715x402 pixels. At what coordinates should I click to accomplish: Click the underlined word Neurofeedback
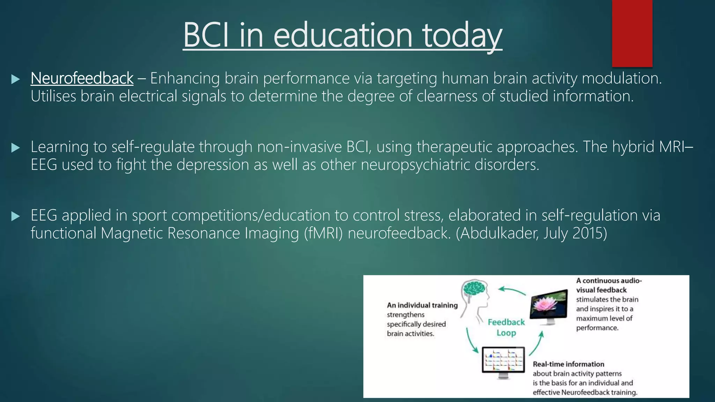pos(82,78)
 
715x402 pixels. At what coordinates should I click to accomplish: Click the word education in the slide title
pos(343,35)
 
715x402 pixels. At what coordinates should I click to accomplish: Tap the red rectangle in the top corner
pos(632,33)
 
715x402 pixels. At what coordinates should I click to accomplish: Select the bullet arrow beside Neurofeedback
pos(15,79)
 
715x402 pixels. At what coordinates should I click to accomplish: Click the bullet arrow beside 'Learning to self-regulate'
pos(15,148)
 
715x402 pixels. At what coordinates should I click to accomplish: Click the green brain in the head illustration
pos(474,288)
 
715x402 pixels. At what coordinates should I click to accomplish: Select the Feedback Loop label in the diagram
pos(506,327)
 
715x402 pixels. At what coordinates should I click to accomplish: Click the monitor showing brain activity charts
pos(503,361)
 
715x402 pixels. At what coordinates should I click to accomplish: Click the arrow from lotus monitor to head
pos(511,291)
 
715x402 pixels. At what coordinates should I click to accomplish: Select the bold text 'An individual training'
pos(422,305)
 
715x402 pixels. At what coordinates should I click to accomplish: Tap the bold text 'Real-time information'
pos(568,364)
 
